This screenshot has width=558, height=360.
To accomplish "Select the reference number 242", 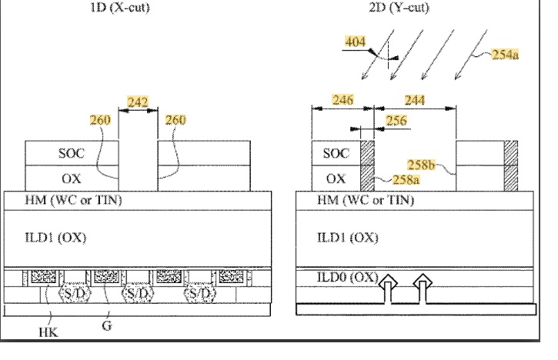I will (x=139, y=102).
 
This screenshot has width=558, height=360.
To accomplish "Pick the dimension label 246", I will (x=342, y=99).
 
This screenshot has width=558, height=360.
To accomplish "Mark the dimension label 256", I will (x=396, y=121).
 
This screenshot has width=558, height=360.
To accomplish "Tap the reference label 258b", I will (x=422, y=165).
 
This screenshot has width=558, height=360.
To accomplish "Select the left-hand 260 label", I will (x=100, y=121).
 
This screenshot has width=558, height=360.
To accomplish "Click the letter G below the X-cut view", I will (x=105, y=326).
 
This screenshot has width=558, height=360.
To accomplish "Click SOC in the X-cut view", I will (x=72, y=153).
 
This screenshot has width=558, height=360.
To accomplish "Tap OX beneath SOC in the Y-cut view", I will (x=336, y=178).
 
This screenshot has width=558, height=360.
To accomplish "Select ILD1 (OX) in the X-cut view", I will (x=55, y=237).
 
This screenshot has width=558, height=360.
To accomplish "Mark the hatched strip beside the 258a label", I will (x=366, y=165).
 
